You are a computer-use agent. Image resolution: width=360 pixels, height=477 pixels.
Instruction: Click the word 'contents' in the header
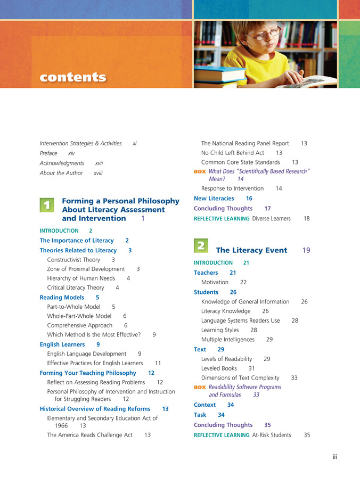pos(73,77)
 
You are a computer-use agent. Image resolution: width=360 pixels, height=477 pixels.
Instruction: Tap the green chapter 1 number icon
pos(47,204)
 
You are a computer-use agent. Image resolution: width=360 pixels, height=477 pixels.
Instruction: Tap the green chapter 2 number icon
pos(201,245)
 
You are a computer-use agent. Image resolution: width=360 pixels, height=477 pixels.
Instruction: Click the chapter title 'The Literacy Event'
pos(251,250)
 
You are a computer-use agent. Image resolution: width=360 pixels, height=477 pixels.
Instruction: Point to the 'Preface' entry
pos(48,153)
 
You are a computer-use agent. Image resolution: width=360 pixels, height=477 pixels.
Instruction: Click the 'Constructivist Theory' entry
pos(73,260)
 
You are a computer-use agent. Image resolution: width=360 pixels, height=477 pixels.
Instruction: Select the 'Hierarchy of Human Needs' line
pos(81,278)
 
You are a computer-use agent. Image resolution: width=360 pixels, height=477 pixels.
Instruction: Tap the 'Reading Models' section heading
pos(62,298)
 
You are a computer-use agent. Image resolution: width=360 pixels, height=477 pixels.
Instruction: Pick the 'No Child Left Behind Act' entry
pos(233,153)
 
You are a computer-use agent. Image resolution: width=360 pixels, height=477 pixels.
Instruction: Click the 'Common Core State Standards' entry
pos(240,162)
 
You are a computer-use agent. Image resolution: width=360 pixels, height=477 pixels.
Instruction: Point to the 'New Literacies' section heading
pos(214,198)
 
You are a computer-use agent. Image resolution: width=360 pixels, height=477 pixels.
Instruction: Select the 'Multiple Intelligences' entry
pos(228,339)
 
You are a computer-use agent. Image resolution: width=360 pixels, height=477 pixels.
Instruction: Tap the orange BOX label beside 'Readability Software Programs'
pos(200,387)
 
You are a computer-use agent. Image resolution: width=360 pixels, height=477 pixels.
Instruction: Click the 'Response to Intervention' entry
pos(232,188)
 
